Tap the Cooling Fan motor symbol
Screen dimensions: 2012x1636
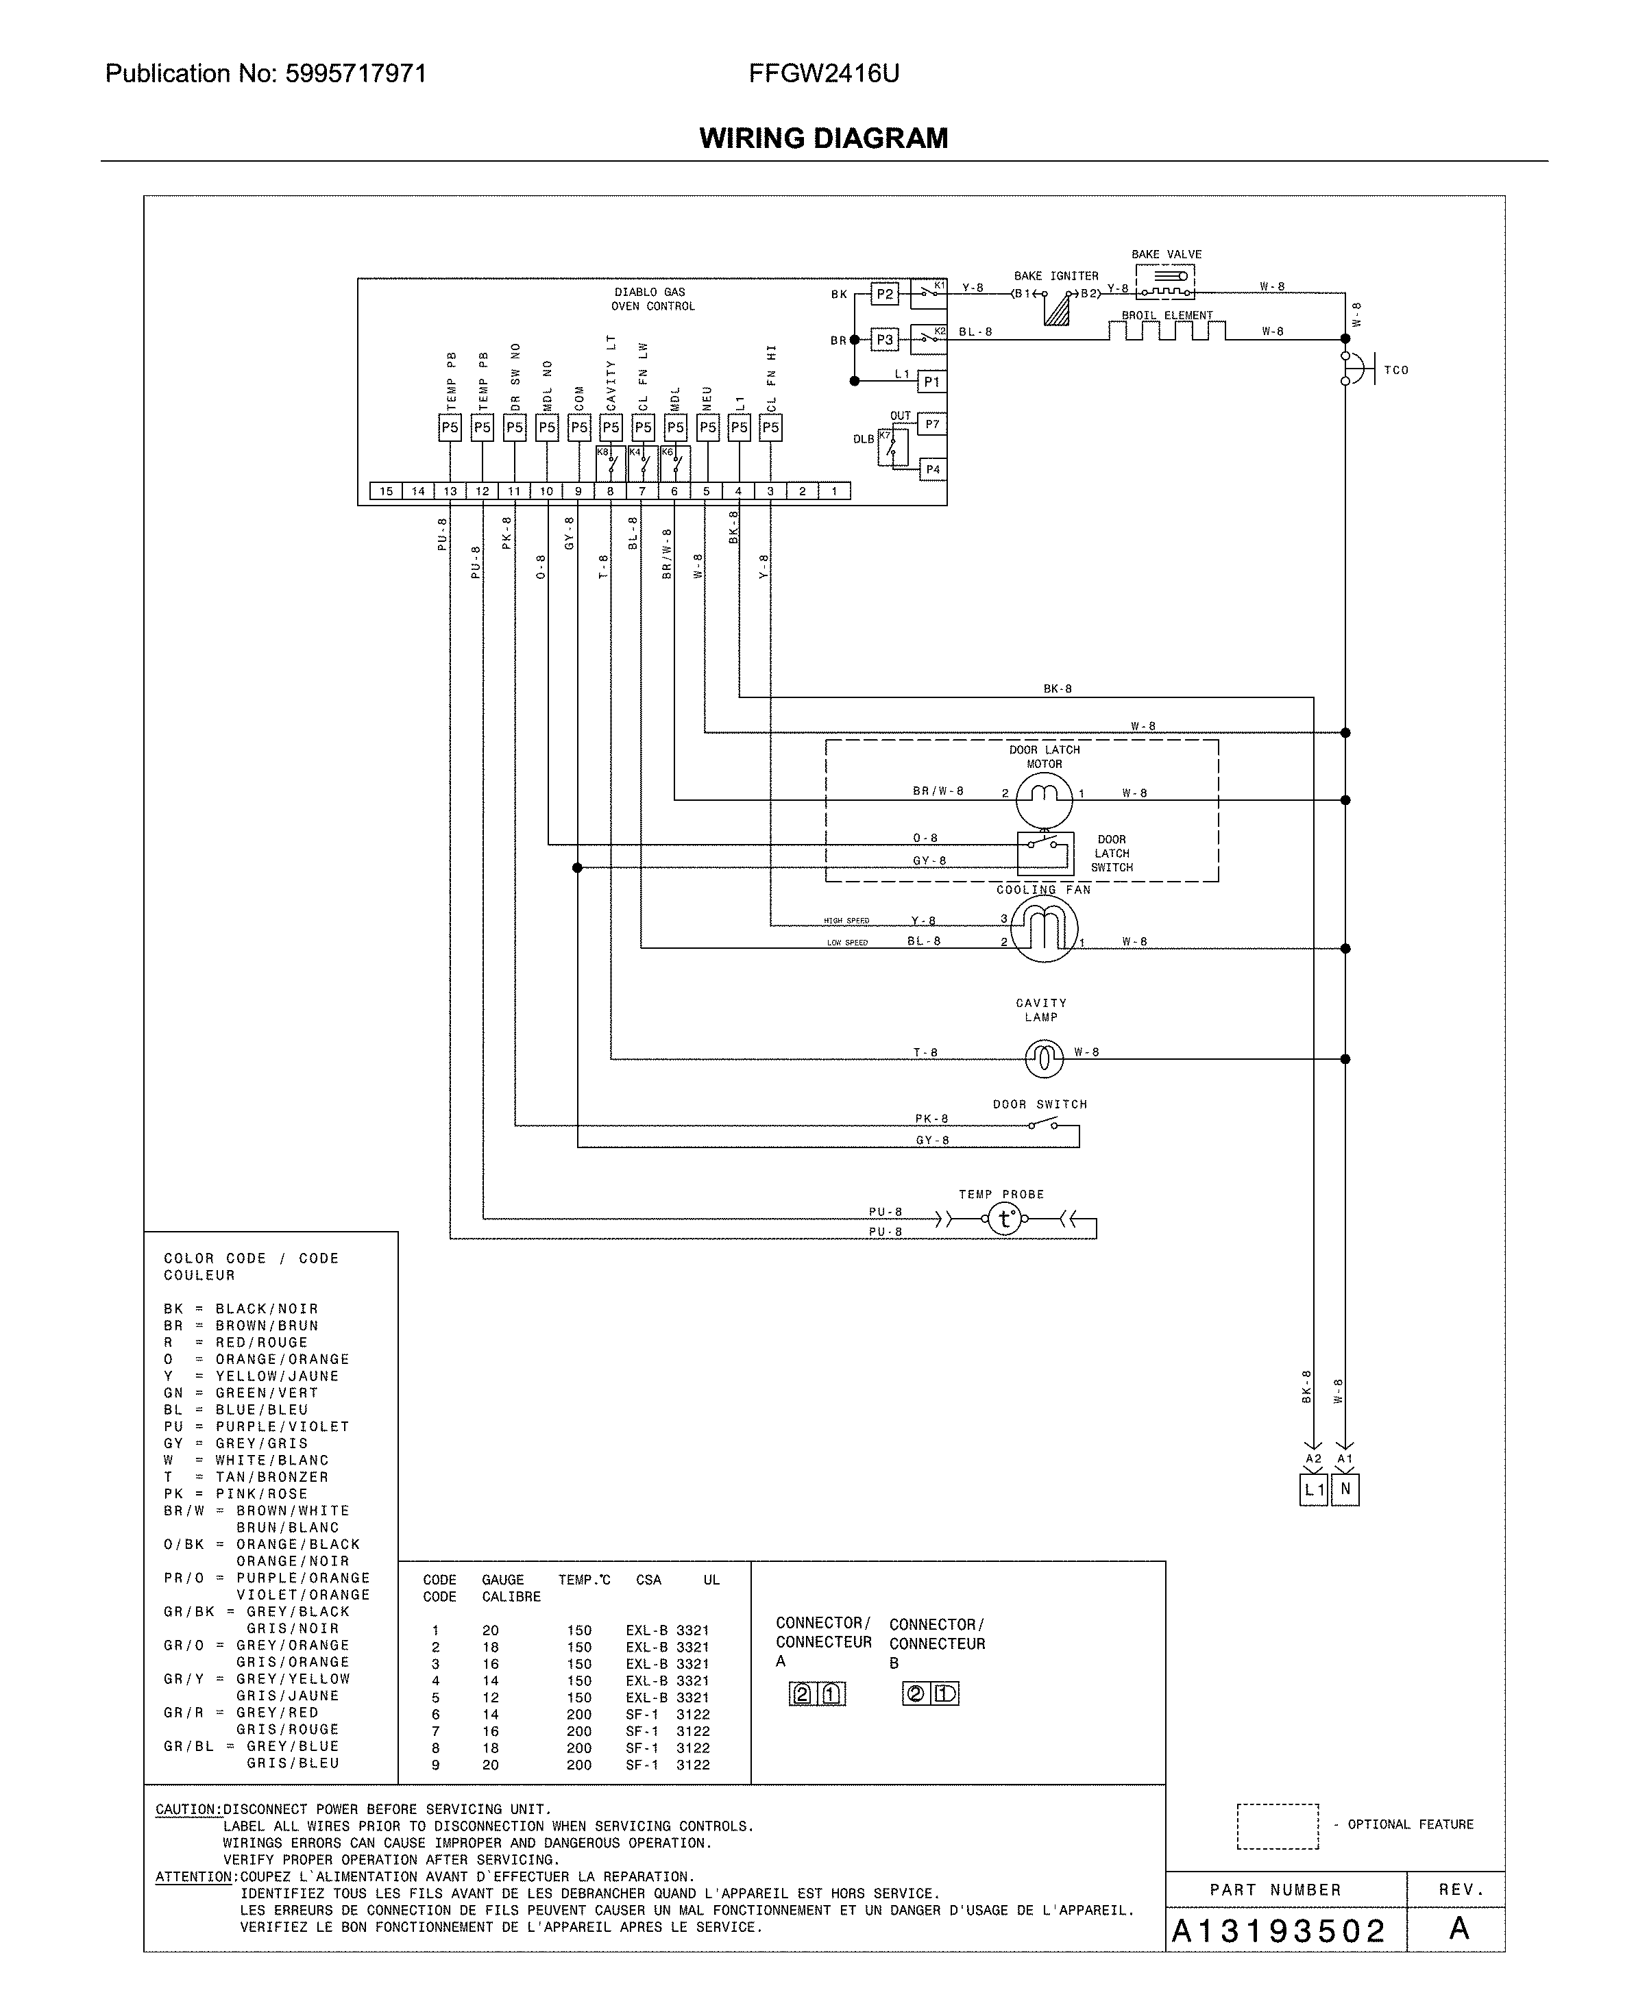(x=1045, y=929)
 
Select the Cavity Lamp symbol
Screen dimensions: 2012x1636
(x=1043, y=1059)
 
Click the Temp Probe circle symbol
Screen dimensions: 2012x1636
(x=1005, y=1220)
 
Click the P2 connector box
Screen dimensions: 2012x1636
(x=884, y=294)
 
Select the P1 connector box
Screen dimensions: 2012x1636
(x=931, y=382)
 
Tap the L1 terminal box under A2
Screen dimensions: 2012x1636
(x=1313, y=1490)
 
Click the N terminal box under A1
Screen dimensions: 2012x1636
(x=1345, y=1490)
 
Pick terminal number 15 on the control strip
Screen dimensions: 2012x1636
(x=385, y=490)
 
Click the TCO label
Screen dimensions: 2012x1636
(x=1395, y=370)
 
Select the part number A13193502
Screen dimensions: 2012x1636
(x=1277, y=1932)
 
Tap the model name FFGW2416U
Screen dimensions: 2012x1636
(x=824, y=73)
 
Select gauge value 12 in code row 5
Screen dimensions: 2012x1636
(x=490, y=1698)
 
